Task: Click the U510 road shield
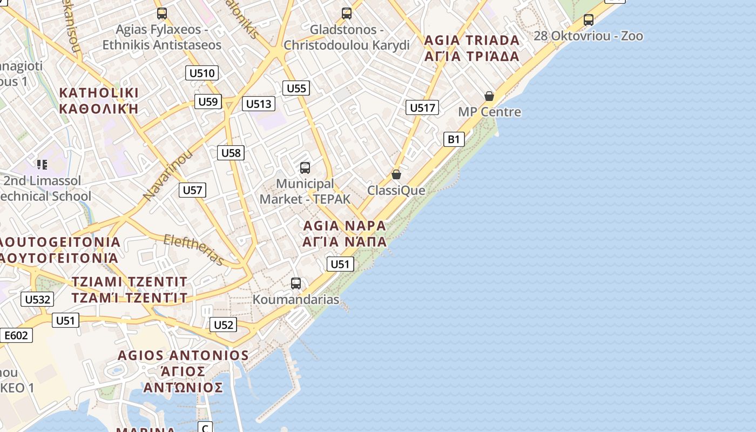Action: tap(202, 73)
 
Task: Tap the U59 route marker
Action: tap(208, 102)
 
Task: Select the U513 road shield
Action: tap(259, 104)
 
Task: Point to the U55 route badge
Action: tap(296, 88)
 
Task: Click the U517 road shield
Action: tap(422, 107)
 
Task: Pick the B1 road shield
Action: tap(454, 139)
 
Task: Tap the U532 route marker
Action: tap(37, 299)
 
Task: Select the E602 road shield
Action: tap(16, 335)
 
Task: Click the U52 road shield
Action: tap(223, 325)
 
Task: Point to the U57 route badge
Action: tap(192, 190)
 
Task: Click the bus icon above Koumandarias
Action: tap(295, 283)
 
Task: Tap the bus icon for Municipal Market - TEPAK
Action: tap(305, 168)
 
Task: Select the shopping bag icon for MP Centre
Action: tap(489, 96)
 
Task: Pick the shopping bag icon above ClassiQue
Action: tap(396, 174)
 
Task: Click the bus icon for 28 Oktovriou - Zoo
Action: tap(589, 20)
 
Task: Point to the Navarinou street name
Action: tap(168, 176)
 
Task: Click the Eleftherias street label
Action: tap(194, 250)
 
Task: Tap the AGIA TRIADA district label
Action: tap(471, 40)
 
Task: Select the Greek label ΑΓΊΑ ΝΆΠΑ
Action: tap(345, 241)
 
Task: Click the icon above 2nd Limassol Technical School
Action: tap(42, 164)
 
